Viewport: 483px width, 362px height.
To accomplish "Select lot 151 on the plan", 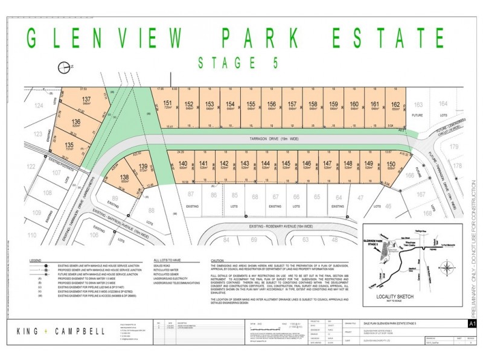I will click(x=168, y=103).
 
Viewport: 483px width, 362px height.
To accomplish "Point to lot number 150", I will click(x=391, y=163).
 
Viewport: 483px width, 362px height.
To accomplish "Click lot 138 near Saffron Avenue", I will click(x=125, y=177).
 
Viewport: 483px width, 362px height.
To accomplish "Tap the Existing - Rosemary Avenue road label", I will click(x=280, y=226).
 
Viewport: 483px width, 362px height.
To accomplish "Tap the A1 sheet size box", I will click(x=463, y=324).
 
